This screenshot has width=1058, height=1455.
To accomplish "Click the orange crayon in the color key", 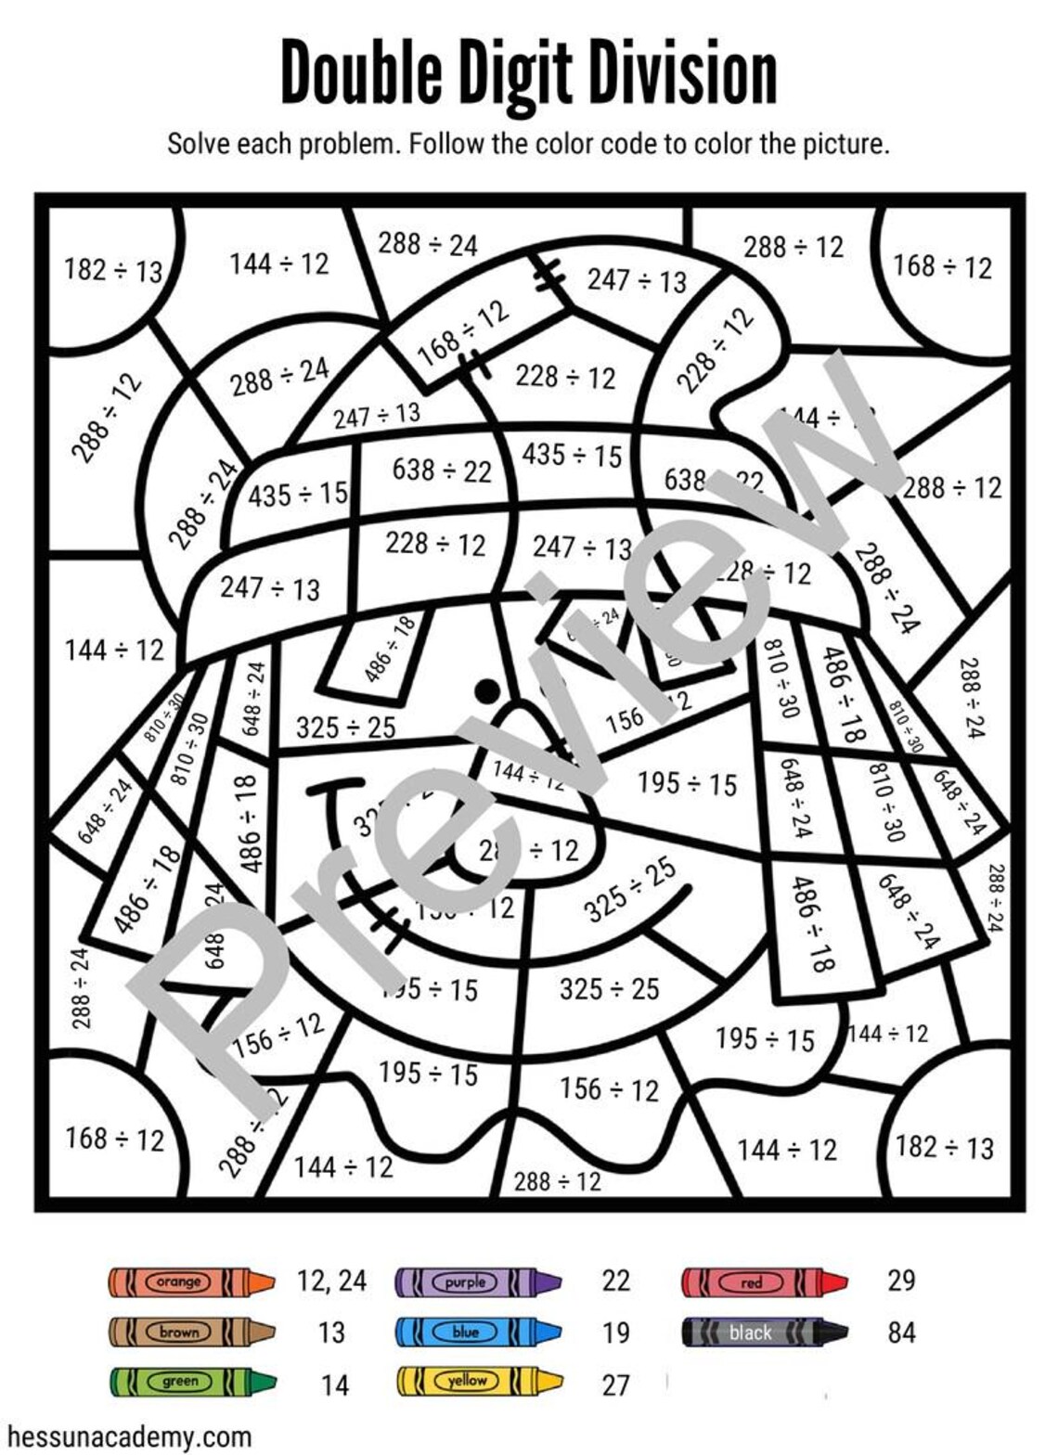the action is click(191, 1281).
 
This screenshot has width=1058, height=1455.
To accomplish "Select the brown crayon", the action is click(191, 1333).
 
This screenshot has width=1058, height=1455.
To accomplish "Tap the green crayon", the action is click(191, 1382).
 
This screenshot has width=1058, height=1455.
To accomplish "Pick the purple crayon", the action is click(477, 1281).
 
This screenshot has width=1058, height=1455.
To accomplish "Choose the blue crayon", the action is click(477, 1333).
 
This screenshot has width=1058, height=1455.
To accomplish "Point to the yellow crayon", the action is click(479, 1382).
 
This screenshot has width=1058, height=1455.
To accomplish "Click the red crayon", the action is click(763, 1281).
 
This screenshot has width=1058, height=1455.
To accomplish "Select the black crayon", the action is click(763, 1333).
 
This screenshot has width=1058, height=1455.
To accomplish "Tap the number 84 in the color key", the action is click(901, 1333).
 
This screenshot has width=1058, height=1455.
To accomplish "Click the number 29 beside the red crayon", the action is click(901, 1281).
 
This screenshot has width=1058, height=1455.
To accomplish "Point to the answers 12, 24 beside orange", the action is click(331, 1281).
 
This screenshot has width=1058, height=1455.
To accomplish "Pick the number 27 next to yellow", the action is click(615, 1384).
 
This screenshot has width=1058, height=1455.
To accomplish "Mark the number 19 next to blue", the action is click(615, 1333).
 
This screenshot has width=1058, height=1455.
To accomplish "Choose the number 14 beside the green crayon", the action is click(334, 1384).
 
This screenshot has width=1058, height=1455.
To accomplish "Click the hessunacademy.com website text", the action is click(127, 1436).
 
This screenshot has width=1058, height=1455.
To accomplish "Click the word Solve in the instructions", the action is click(199, 144).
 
